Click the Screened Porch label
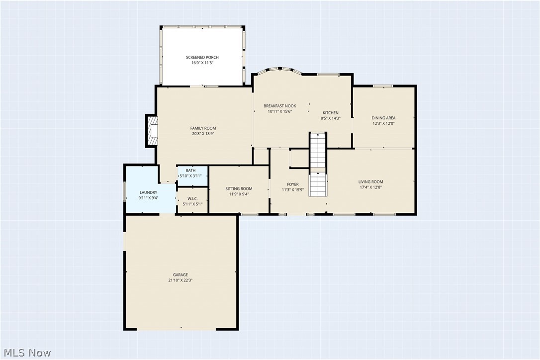202,57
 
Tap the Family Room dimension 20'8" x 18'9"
203,134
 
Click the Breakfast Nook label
279,106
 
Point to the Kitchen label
330,113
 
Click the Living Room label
370,181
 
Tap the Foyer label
292,184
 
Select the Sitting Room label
239,188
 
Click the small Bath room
192,173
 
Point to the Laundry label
148,192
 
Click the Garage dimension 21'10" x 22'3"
180,280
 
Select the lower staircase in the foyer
318,185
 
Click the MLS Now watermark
26,353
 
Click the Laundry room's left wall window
124,191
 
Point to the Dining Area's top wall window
383,86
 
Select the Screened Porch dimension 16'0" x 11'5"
202,63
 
